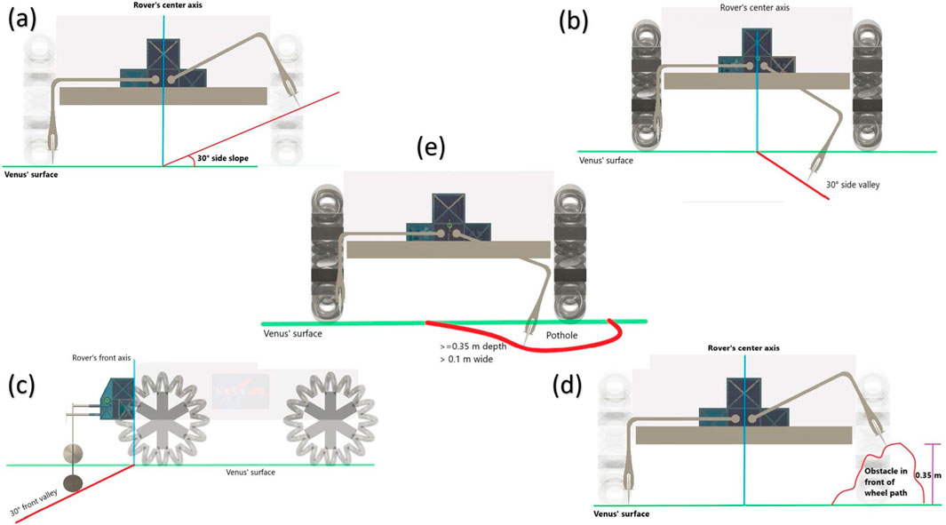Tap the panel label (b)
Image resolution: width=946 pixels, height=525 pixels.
click(575, 20)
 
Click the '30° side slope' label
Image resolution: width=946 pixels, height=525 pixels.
click(223, 158)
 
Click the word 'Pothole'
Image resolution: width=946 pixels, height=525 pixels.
click(561, 336)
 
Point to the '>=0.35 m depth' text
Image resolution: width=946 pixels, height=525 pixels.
click(469, 346)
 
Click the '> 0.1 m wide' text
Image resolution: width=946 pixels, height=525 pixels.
click(464, 359)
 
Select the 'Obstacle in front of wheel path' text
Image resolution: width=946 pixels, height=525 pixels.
click(885, 481)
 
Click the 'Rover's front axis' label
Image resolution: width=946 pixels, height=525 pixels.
click(101, 358)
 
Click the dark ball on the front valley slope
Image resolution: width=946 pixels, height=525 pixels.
click(71, 482)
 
